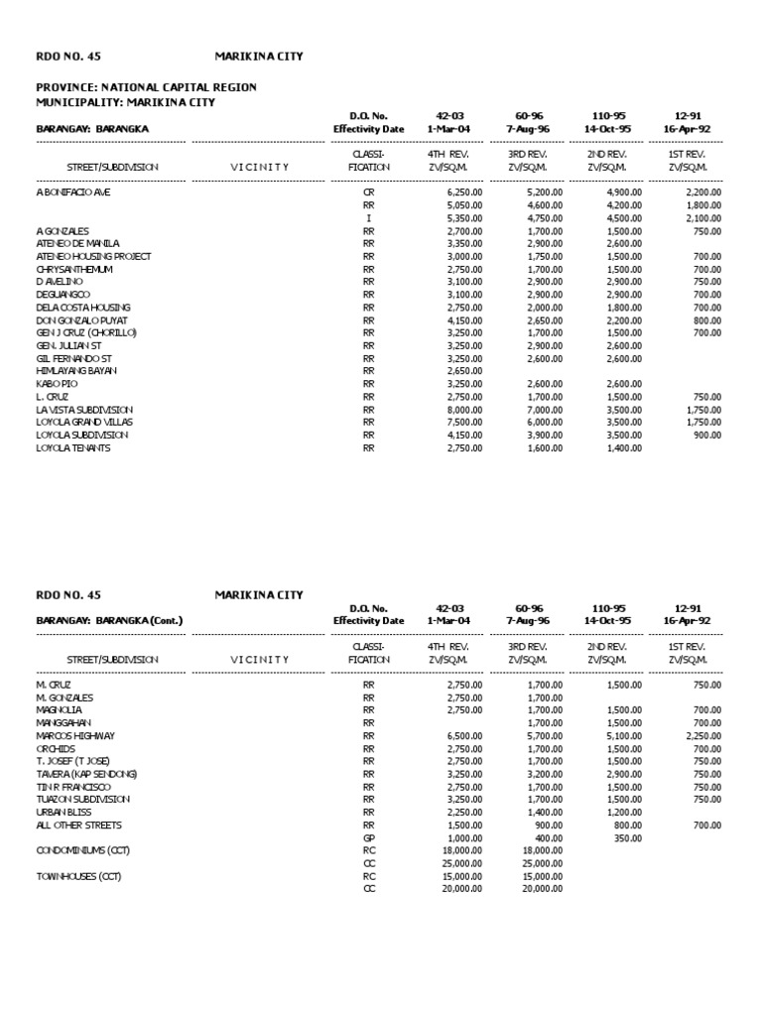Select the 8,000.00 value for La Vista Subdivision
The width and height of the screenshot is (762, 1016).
(x=464, y=410)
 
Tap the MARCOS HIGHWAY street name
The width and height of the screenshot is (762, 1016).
(x=75, y=735)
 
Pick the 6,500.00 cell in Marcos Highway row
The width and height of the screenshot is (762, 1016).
(x=464, y=735)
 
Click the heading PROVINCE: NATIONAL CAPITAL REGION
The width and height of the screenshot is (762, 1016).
(x=146, y=87)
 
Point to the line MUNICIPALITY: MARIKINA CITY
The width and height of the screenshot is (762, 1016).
(x=125, y=102)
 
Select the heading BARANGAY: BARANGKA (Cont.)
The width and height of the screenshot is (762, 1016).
(x=109, y=620)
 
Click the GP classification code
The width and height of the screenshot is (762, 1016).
(x=368, y=837)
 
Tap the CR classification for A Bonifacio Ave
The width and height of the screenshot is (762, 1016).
(x=368, y=191)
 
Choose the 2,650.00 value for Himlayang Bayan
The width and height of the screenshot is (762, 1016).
(x=464, y=371)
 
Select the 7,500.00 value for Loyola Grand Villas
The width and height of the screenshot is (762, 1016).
(x=464, y=422)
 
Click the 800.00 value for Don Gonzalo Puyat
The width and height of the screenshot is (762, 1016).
(x=706, y=319)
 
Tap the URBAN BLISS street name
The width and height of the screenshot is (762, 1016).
(x=63, y=812)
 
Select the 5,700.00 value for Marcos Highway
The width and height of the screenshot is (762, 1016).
(x=545, y=735)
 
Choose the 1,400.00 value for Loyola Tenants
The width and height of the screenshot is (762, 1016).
(x=624, y=447)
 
